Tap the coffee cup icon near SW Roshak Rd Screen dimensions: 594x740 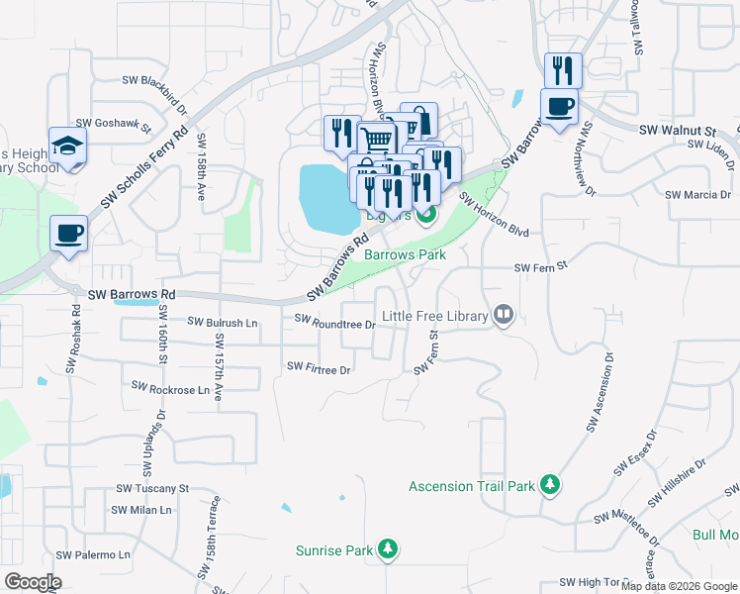(68, 234)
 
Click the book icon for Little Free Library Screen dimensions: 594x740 (504, 316)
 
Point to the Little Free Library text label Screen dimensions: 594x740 (435, 316)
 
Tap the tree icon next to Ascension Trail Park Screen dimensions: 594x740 (550, 486)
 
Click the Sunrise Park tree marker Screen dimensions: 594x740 (389, 549)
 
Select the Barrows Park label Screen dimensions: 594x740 (405, 254)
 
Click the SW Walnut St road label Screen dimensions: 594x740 (677, 130)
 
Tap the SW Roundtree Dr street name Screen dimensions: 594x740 (335, 321)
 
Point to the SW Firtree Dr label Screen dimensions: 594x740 (319, 368)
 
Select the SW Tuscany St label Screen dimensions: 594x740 (152, 489)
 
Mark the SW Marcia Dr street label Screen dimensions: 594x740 (697, 195)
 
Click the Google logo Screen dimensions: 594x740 (33, 582)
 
